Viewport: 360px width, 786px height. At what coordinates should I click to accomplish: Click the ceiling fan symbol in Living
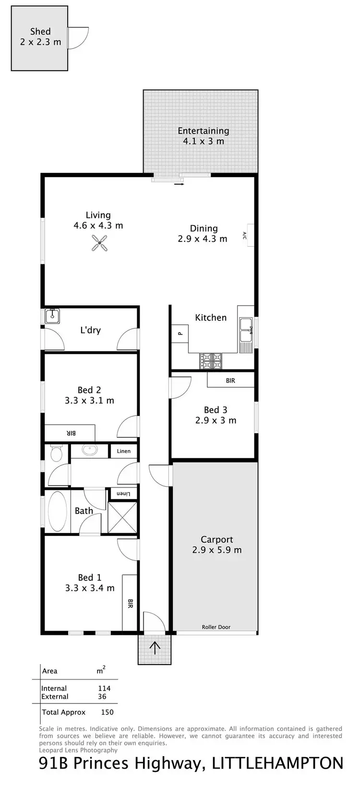coord(100,244)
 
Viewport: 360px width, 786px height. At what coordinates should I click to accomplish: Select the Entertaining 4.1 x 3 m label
coord(203,136)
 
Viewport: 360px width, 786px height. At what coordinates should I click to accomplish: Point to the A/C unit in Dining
coord(250,235)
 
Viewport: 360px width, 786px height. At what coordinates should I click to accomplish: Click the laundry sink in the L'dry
coord(52,316)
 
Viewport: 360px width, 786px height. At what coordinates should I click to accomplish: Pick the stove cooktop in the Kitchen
coord(211,361)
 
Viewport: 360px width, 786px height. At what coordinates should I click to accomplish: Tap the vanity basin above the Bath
coord(89,450)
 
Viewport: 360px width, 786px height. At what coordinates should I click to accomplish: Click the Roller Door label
coord(216,627)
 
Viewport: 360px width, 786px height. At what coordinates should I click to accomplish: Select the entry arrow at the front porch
coord(155,648)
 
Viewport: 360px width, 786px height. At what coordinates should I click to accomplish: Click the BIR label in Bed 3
coord(230,381)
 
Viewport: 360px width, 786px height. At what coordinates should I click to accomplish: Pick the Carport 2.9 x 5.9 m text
coord(217,545)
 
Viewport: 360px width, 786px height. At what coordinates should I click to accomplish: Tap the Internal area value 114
coord(104,688)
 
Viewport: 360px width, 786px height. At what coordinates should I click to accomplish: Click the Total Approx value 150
coord(107,712)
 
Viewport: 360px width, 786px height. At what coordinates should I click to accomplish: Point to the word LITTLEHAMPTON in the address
coord(277,763)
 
